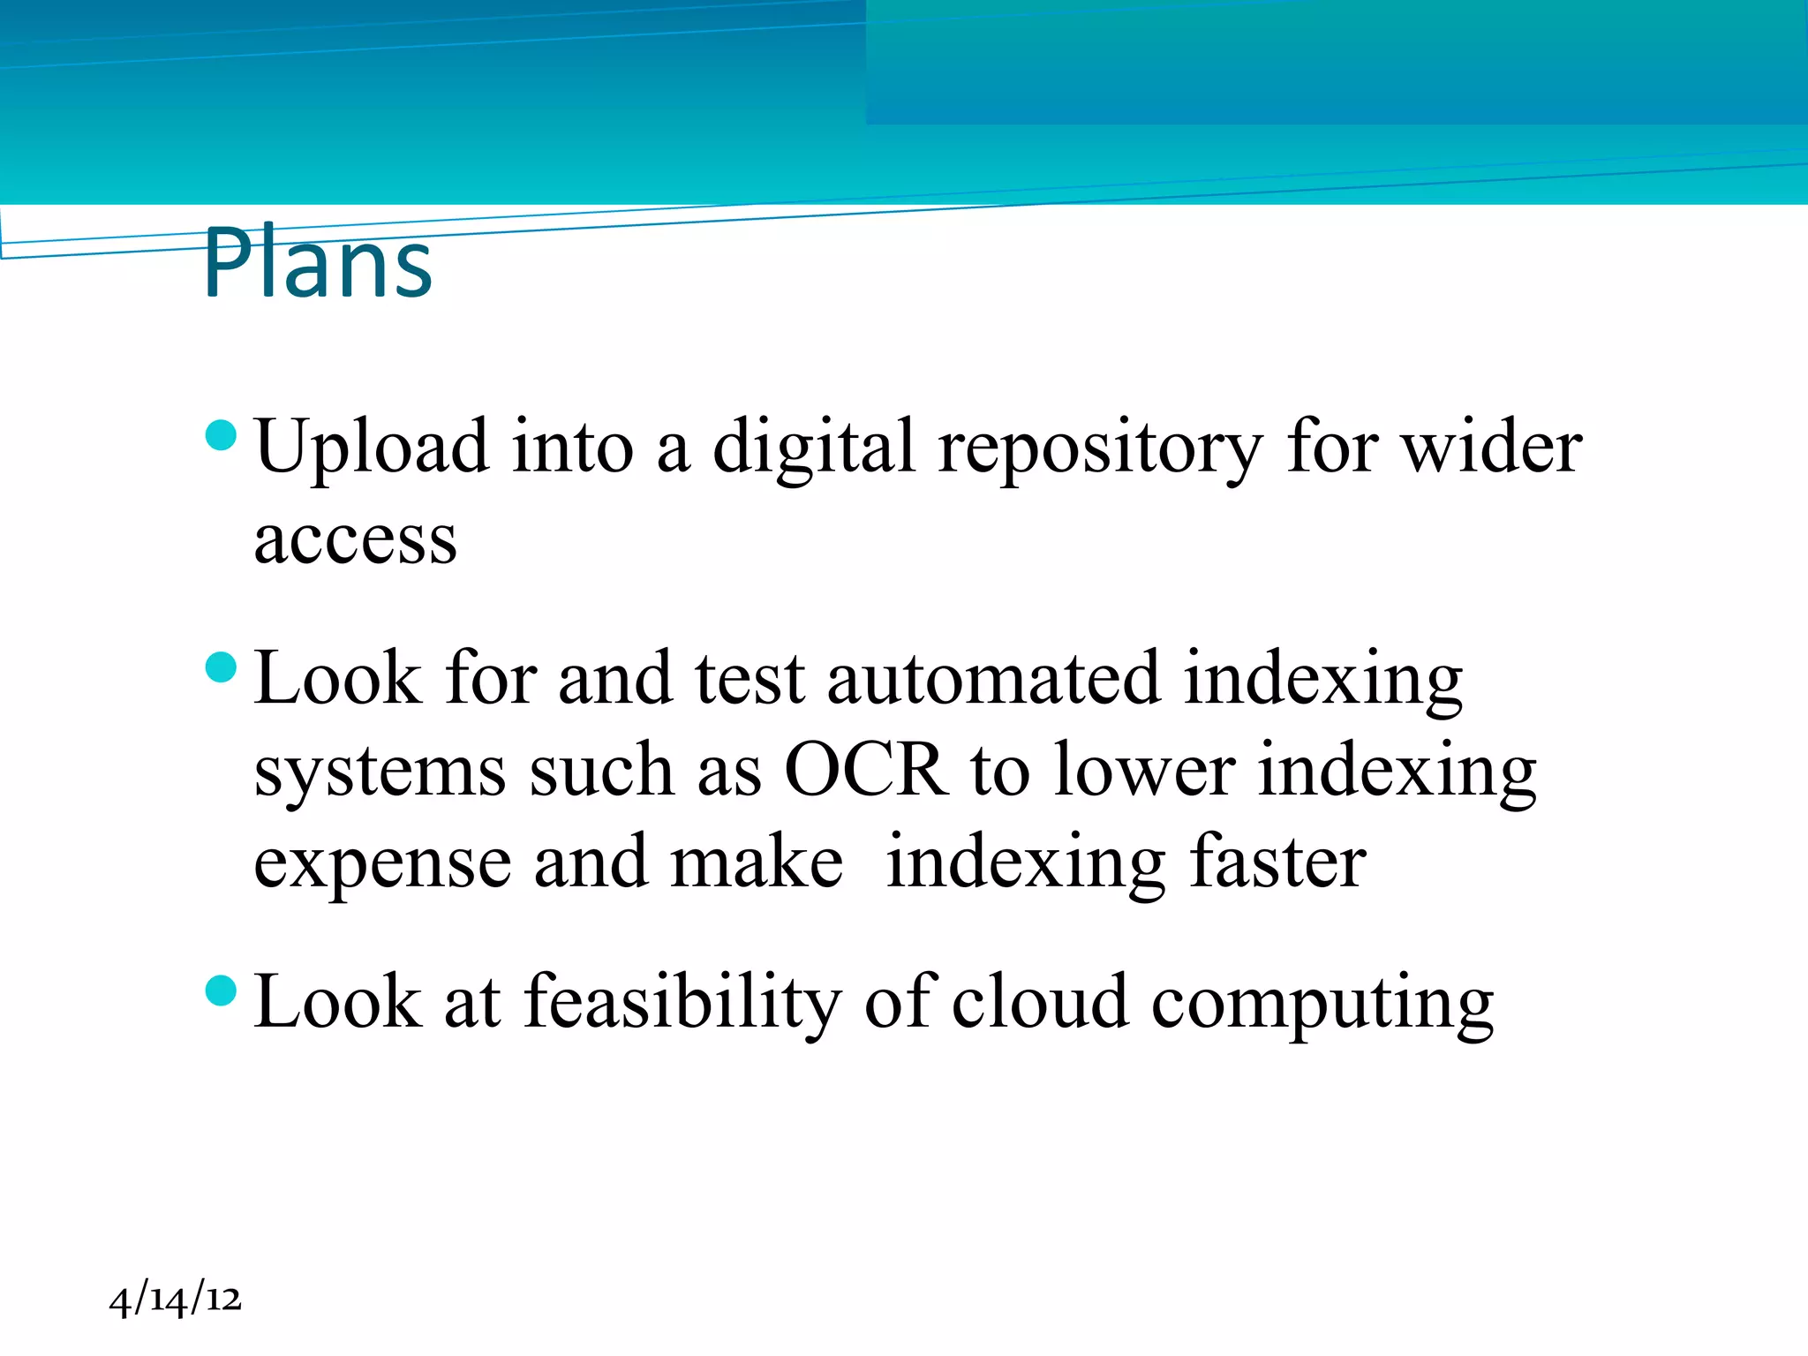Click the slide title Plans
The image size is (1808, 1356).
[x=318, y=263]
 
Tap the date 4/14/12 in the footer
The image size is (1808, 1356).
[x=175, y=1299]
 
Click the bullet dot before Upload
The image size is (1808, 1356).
[x=221, y=435]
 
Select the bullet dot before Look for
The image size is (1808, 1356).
[x=221, y=667]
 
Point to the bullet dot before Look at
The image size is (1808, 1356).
[x=221, y=991]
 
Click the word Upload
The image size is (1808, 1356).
[x=371, y=448]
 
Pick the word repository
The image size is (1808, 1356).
[x=1100, y=448]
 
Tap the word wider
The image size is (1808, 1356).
[x=1492, y=448]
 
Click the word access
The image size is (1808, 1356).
[x=355, y=539]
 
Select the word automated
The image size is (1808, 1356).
[x=993, y=678]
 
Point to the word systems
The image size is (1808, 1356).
[x=380, y=772]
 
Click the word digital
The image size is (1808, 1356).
[x=813, y=448]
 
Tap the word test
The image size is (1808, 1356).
[x=750, y=678]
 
